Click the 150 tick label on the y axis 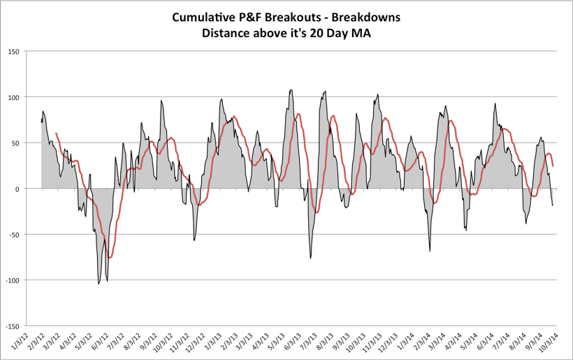tap(14, 51)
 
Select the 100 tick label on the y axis tap(14, 96)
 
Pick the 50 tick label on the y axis tap(16, 143)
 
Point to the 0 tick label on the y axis tap(19, 189)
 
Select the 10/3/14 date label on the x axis tap(546, 342)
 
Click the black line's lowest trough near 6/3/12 tap(99, 284)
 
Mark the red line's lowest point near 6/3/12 tap(110, 258)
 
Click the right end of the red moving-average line tap(553, 166)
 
